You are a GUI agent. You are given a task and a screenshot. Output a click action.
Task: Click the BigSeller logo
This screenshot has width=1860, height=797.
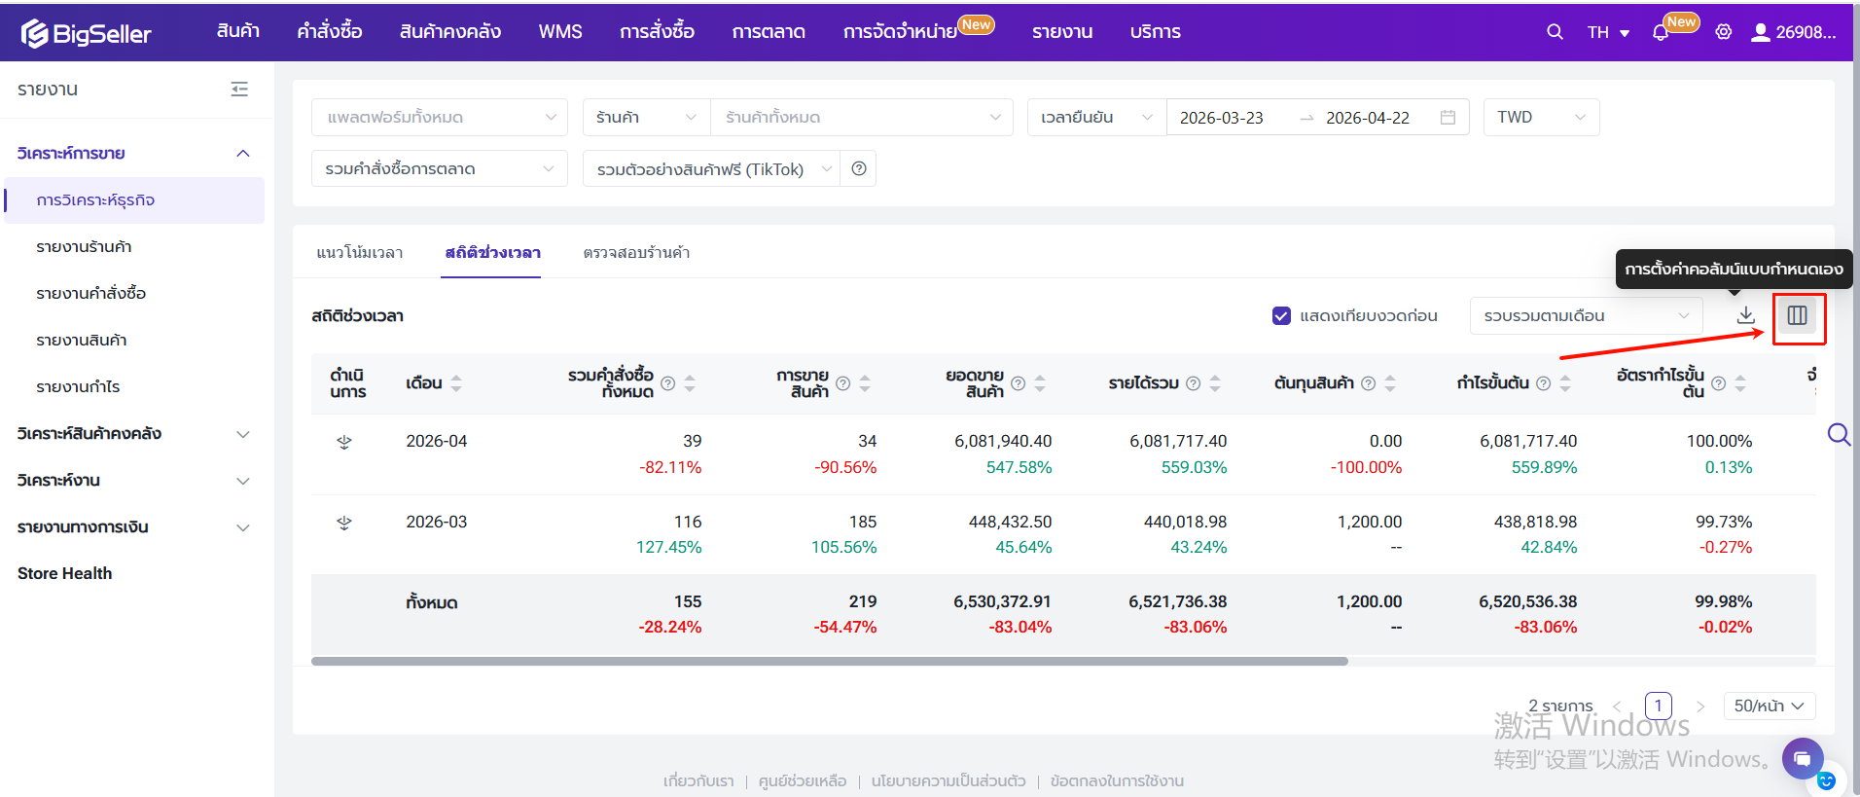87,33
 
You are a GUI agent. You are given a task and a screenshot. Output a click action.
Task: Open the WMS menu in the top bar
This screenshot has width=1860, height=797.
560,32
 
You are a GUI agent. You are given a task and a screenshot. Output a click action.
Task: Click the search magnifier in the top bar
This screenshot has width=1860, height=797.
1555,32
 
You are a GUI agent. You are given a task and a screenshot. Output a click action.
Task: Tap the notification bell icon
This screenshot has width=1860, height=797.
1660,32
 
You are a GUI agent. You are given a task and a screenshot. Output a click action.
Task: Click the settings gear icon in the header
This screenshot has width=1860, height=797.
1723,32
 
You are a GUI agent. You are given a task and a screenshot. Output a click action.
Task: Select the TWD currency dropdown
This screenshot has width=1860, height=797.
1541,118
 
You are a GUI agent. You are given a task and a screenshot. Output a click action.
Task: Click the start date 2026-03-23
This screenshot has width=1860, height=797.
1221,118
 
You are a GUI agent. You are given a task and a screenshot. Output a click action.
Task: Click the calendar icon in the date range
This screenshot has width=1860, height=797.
1448,118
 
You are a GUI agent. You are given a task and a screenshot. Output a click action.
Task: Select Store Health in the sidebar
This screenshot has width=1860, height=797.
64,573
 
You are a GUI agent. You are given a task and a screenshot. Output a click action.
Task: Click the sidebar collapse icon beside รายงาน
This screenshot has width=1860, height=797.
239,90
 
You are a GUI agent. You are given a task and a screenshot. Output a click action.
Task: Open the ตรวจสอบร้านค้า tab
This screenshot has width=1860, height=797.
636,253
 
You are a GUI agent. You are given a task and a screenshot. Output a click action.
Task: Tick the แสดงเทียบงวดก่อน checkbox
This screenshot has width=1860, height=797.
1281,316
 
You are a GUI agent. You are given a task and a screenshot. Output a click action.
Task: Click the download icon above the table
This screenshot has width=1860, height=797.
1746,315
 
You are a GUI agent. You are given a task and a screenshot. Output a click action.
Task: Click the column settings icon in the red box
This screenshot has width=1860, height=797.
1798,315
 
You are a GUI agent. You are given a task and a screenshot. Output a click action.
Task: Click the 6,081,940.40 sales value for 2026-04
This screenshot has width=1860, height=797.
1003,442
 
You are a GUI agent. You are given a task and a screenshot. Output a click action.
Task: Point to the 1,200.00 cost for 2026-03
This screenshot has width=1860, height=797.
1369,523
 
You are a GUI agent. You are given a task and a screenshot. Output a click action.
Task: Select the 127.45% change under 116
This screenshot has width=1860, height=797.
668,548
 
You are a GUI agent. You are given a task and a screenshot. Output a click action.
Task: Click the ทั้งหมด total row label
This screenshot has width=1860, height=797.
432,602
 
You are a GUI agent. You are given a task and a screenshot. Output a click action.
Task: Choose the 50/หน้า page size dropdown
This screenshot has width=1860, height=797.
1769,706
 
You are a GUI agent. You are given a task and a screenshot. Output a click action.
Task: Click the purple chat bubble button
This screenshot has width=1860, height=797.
1803,758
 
